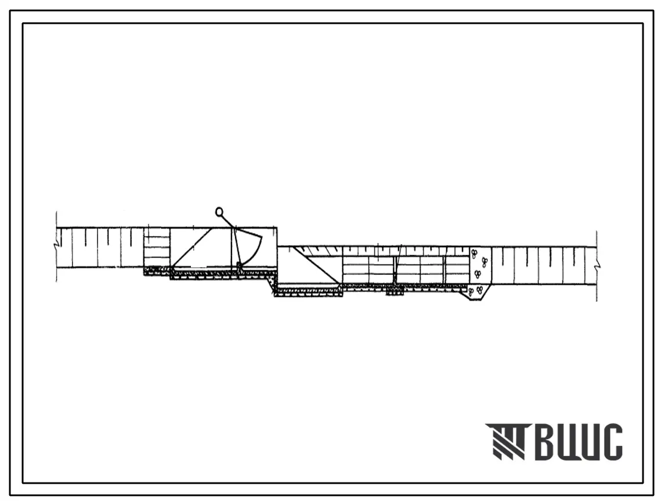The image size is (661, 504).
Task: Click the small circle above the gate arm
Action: (219, 212)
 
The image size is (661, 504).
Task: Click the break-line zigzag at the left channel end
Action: (55, 245)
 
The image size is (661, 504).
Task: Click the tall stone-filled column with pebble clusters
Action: (480, 266)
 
